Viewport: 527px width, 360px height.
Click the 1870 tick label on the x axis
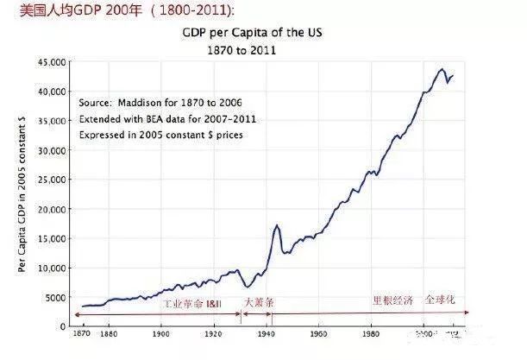82,333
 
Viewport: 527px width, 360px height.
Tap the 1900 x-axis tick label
160,333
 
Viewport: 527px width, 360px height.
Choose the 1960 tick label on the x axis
317,333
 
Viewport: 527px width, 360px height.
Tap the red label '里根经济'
392,300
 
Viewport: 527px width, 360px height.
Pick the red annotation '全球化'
439,300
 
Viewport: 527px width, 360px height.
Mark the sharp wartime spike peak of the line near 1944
276,225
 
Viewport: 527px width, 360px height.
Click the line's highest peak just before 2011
441,69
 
